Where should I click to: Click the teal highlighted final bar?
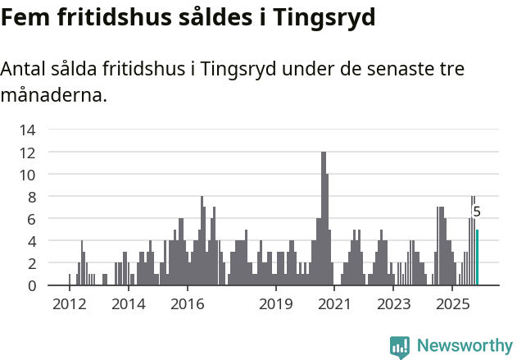point(477,257)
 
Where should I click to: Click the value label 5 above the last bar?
point(477,212)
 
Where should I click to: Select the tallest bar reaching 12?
point(324,219)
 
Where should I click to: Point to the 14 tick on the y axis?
point(27,130)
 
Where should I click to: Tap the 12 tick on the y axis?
point(27,153)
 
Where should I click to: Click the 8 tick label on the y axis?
point(31,197)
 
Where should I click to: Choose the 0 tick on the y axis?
point(31,285)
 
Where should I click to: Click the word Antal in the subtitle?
point(26,69)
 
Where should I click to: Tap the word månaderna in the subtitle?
point(54,95)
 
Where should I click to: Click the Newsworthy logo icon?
point(400,347)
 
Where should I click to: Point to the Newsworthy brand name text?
point(464,347)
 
